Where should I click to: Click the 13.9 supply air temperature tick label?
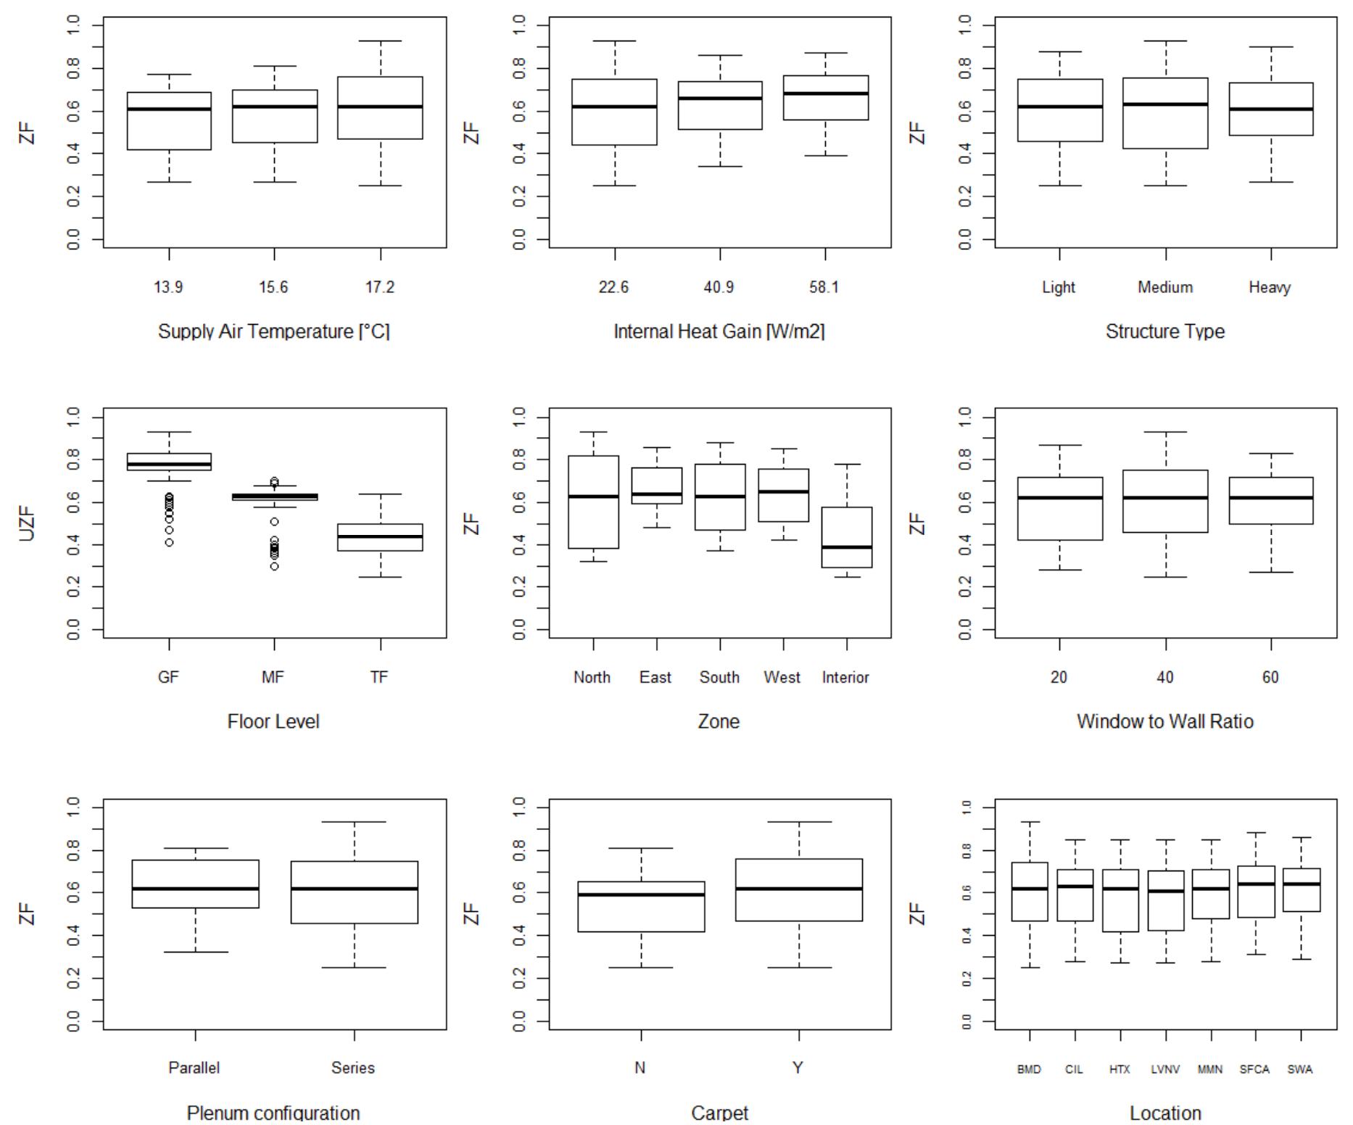click(168, 287)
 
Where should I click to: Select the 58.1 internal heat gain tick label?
click(824, 287)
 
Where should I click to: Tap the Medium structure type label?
click(1165, 287)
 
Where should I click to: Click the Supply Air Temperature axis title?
click(274, 331)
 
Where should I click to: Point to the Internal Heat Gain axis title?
click(719, 331)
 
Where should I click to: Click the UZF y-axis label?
click(27, 523)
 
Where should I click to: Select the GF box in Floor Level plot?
click(169, 462)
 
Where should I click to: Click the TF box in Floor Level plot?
click(381, 537)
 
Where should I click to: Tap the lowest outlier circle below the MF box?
click(274, 566)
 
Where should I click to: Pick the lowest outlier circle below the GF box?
click(169, 542)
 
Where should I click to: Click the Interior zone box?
click(846, 537)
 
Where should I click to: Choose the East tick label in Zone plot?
click(655, 677)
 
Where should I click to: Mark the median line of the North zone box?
click(593, 497)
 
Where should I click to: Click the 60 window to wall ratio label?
click(1270, 677)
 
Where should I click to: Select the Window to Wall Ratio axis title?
click(1165, 721)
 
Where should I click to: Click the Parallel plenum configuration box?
click(195, 884)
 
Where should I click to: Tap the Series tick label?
click(353, 1068)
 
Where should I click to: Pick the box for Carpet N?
click(641, 906)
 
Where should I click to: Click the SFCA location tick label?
click(1254, 1069)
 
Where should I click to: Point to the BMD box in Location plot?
click(1030, 892)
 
